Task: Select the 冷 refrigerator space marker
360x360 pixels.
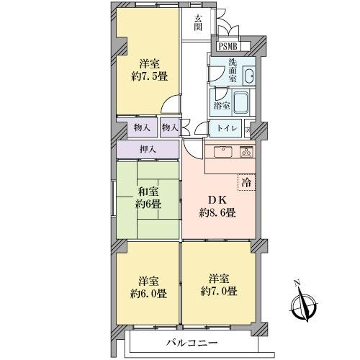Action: (x=248, y=183)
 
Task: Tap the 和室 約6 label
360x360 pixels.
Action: (x=149, y=197)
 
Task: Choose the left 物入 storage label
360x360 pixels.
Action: (x=143, y=127)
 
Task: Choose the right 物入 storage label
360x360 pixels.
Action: (x=170, y=127)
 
